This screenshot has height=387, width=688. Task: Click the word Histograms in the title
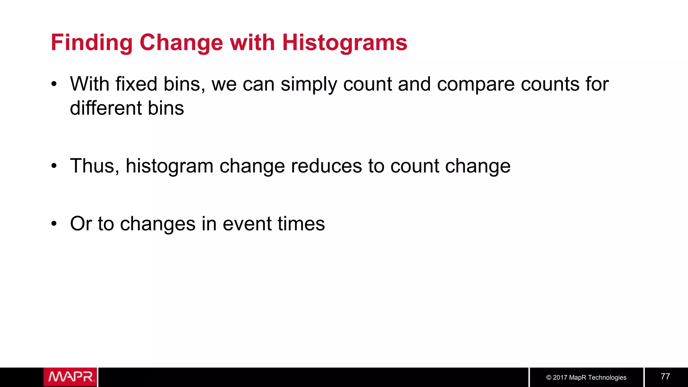345,43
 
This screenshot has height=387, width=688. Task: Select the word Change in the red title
181,43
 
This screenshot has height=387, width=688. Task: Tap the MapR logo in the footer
70,377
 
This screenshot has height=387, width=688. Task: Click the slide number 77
665,377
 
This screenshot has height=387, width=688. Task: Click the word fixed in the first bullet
136,84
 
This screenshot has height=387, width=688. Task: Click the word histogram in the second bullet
169,167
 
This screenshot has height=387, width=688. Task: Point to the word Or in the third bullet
81,224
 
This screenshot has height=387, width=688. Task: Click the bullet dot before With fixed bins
54,84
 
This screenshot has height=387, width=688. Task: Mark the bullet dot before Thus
54,166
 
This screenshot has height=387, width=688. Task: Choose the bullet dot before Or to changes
54,224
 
